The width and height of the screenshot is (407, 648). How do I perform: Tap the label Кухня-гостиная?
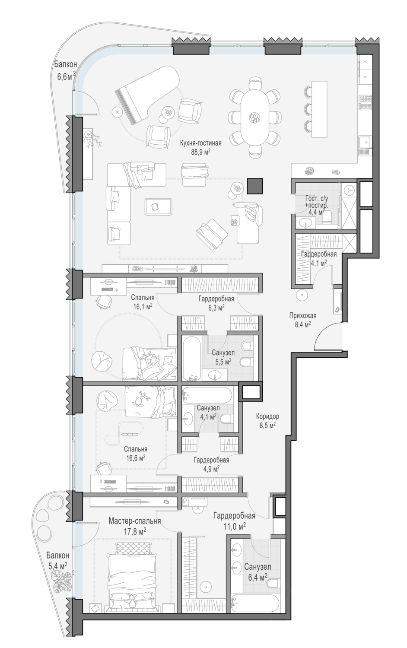[200, 143]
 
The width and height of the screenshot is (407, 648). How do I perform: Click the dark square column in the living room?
[254, 186]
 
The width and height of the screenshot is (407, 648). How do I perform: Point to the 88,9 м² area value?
[200, 152]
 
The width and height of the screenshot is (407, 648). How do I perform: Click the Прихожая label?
[303, 316]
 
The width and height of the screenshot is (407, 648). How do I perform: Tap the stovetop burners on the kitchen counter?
[365, 102]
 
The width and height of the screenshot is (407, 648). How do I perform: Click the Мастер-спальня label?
[135, 521]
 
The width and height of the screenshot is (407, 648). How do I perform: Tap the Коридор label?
[267, 416]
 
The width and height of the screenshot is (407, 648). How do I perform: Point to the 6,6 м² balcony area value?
[67, 76]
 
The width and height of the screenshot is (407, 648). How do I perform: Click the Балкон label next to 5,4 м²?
[57, 556]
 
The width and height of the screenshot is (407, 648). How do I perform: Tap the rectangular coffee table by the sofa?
[158, 206]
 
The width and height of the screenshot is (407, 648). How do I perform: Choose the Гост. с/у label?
[317, 199]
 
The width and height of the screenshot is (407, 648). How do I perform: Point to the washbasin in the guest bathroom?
[306, 222]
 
